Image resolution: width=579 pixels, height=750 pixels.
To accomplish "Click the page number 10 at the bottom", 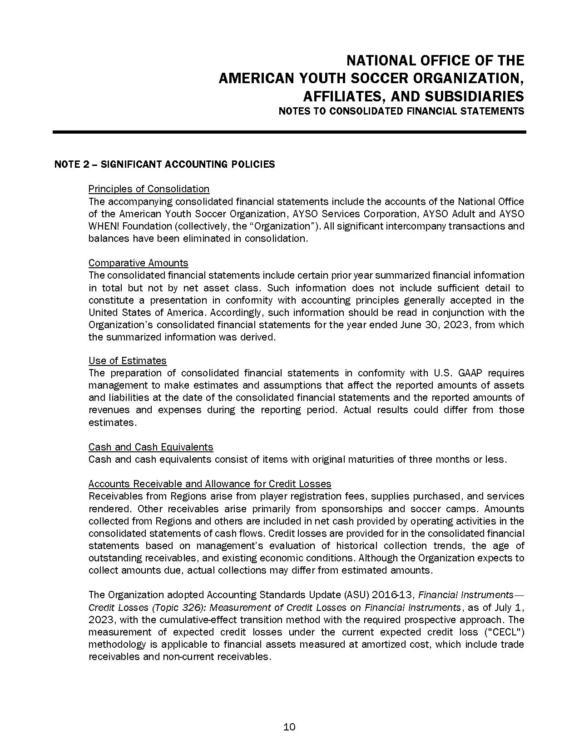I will coord(289,727).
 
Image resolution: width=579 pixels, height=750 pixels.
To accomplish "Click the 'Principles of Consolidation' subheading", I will coord(149,189).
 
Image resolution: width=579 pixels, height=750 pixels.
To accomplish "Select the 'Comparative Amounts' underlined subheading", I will coord(138,263).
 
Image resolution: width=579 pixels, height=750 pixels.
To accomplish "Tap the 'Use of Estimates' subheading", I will coord(128,360).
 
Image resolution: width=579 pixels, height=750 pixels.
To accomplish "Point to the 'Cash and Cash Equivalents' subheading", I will coord(151,447).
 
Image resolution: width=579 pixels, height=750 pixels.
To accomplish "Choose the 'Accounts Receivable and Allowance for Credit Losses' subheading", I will coord(210,484).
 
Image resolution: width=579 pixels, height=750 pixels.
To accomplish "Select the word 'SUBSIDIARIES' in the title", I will coord(474,96).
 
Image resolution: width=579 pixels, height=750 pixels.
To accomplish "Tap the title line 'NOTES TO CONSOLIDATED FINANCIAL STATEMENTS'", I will coord(401,111).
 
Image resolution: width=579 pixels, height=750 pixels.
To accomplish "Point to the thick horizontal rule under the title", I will coord(289,132).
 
